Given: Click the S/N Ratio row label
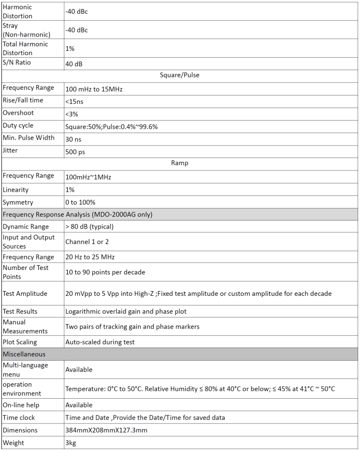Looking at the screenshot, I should pyautogui.click(x=19, y=63).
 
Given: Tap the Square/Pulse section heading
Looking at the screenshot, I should pyautogui.click(x=179, y=75).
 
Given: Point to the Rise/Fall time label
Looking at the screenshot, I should pyautogui.click(x=23, y=100).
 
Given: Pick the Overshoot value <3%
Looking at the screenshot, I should pyautogui.click(x=72, y=114).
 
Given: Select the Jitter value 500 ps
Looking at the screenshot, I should pyautogui.click(x=75, y=151).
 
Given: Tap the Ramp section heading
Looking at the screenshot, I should pyautogui.click(x=179, y=163).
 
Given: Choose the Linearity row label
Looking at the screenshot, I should pyautogui.click(x=16, y=190).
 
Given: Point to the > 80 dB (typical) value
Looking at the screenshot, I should pyautogui.click(x=89, y=227).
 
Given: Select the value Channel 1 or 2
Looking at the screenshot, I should pyautogui.click(x=87, y=242).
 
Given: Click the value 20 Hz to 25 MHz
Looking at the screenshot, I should pyautogui.click(x=90, y=257).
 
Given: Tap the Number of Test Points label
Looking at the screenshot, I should pyautogui.click(x=25, y=272).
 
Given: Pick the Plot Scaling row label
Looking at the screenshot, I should pyautogui.click(x=20, y=342).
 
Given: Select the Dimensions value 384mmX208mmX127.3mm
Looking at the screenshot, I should pyautogui.click(x=106, y=430).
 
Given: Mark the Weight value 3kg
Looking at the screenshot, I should pyautogui.click(x=71, y=443).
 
